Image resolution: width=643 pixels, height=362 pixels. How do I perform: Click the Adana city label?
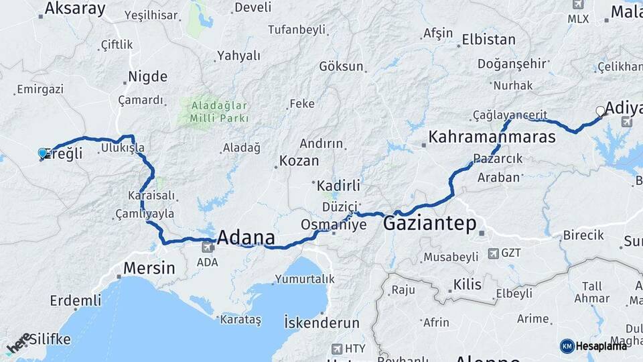(x=246, y=238)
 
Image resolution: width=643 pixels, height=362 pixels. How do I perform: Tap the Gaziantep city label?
(x=429, y=224)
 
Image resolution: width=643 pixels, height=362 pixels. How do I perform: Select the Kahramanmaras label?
(x=492, y=137)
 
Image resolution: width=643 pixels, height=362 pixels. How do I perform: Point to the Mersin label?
(x=149, y=268)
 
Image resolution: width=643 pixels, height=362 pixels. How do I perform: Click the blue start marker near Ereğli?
(x=42, y=154)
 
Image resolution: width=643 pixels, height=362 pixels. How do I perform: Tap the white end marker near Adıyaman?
(x=601, y=111)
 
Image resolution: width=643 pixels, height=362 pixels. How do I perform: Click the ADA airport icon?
(x=208, y=247)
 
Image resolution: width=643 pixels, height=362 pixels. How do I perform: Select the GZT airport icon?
(x=494, y=253)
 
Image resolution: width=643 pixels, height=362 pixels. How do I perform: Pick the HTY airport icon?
(x=337, y=349)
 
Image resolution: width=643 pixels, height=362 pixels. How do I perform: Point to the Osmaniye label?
(x=334, y=225)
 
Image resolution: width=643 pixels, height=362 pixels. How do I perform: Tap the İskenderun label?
(x=321, y=322)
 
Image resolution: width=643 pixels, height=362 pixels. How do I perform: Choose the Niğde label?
(x=147, y=76)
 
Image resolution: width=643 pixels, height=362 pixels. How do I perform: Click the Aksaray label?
(x=75, y=9)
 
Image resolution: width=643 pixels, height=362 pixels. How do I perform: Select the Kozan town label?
(x=299, y=161)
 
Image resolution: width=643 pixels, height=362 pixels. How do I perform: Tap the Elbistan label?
(x=488, y=40)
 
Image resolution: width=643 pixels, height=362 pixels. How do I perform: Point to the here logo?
(x=19, y=343)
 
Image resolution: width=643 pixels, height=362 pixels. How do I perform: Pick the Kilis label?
(x=467, y=285)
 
